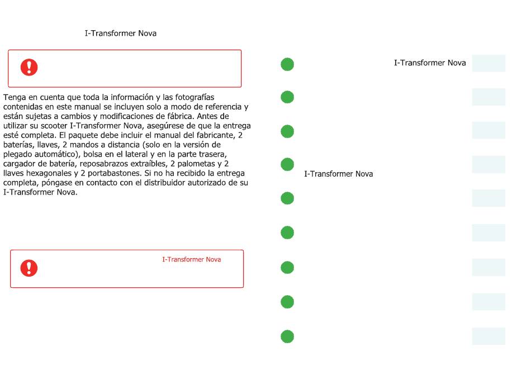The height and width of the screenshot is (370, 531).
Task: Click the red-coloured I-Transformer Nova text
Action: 191,259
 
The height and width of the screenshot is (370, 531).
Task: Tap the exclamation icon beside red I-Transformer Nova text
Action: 29,268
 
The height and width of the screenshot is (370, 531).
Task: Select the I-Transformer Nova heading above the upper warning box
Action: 120,34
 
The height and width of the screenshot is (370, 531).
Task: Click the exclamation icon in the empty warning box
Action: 29,68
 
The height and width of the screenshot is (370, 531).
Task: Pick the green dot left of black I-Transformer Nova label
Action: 287,165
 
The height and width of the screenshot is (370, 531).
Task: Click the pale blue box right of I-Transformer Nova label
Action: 489,63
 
